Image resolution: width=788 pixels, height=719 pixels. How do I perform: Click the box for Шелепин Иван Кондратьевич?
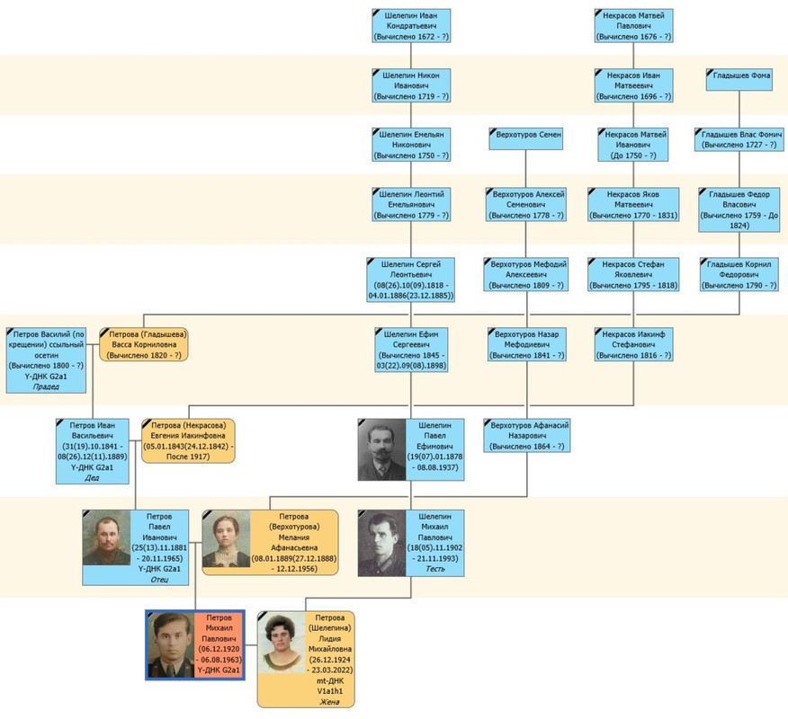tap(411, 26)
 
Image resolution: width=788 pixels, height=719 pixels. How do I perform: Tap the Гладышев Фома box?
tap(739, 75)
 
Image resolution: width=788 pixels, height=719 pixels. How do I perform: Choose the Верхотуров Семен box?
tap(526, 134)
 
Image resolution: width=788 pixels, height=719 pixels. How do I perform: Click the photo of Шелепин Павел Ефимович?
tap(381, 449)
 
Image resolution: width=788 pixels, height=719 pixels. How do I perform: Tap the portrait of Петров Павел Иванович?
tap(106, 538)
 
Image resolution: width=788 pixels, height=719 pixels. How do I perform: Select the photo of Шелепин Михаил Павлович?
tap(381, 543)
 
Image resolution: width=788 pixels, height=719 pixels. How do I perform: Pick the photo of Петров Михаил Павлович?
tap(171, 644)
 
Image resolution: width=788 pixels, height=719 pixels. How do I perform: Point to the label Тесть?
tap(435, 568)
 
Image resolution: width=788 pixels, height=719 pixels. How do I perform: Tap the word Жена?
tap(330, 704)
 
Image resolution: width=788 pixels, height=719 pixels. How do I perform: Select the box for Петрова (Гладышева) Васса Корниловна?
tap(144, 343)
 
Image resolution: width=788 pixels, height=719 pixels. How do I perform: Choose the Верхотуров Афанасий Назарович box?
tap(526, 436)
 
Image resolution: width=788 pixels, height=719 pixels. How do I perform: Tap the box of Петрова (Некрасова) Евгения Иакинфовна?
tap(189, 440)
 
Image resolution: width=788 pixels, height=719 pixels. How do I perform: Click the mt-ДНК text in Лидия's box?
tap(330, 680)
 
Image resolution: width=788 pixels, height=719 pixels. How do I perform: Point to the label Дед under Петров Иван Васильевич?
tap(92, 478)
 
